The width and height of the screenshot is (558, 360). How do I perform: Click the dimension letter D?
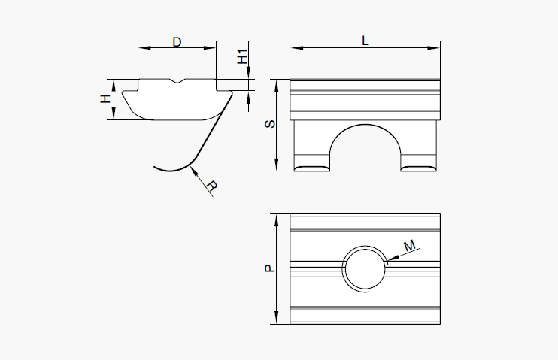click(x=177, y=42)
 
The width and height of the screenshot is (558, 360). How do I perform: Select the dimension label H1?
click(x=241, y=56)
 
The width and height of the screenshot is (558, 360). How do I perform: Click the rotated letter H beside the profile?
click(x=106, y=99)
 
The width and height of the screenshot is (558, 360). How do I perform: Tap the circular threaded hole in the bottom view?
click(x=365, y=268)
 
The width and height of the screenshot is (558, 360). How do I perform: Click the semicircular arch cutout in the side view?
click(x=365, y=147)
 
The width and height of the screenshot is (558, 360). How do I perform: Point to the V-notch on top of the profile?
click(x=177, y=81)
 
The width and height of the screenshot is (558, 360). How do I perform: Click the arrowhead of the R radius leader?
click(x=195, y=169)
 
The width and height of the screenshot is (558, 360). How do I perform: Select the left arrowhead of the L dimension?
click(x=295, y=48)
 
